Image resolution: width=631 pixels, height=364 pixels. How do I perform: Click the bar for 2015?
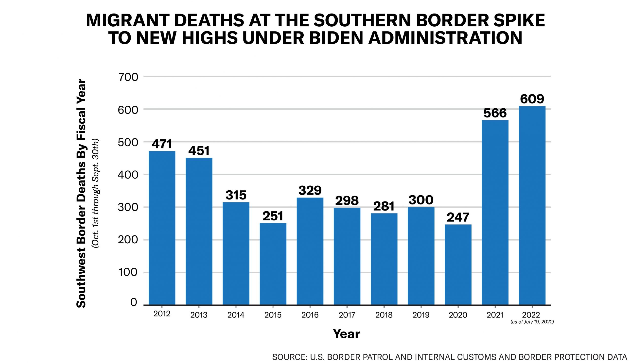pos(273,264)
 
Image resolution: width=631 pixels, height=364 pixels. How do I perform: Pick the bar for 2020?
pos(458,265)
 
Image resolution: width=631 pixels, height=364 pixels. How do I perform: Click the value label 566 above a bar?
pos(495,113)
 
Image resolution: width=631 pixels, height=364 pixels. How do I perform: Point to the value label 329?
pos(310,191)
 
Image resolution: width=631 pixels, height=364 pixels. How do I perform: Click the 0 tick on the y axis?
pos(134,302)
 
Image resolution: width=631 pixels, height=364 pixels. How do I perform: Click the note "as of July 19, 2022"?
pos(532,322)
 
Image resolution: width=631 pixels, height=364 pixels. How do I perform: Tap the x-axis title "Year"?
pos(346,334)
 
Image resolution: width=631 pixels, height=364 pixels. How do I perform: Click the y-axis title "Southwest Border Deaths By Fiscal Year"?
pos(81,194)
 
